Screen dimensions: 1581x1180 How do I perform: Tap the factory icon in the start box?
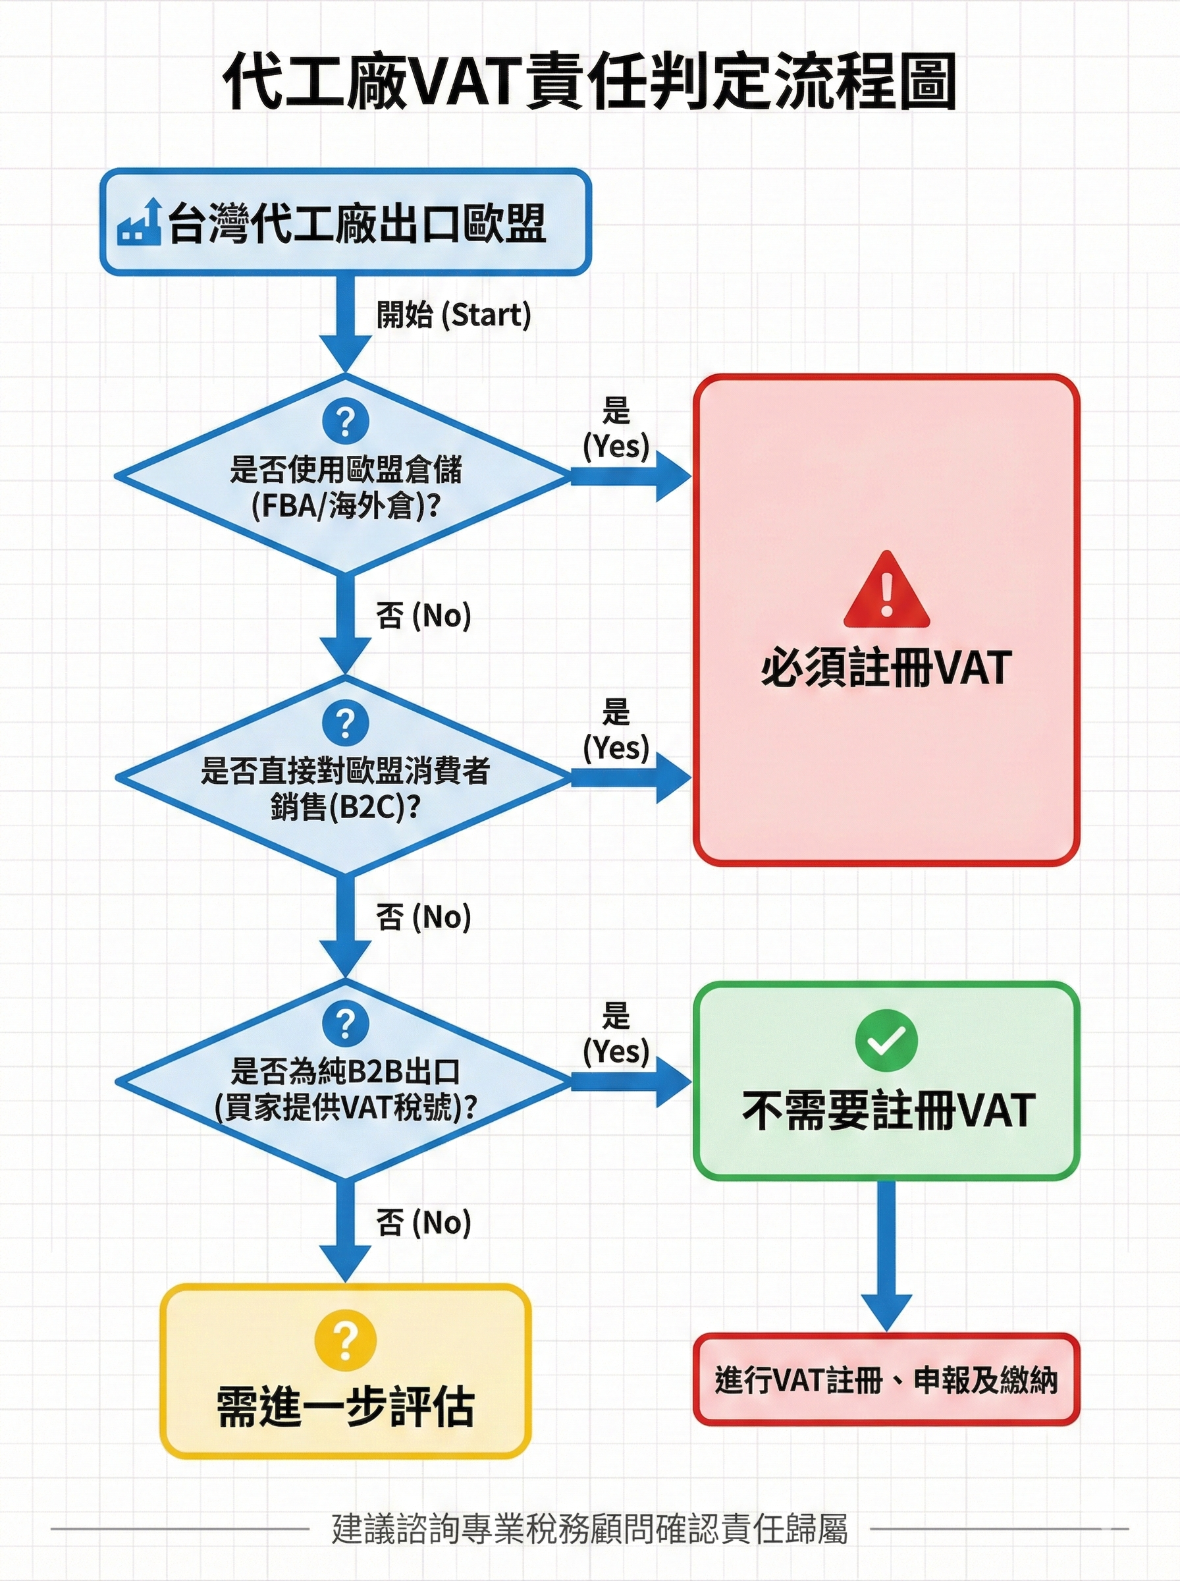pos(140,223)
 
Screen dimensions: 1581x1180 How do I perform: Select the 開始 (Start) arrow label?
pos(454,315)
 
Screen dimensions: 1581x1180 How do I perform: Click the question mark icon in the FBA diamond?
pos(345,422)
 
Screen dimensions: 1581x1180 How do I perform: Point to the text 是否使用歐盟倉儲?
pos(346,470)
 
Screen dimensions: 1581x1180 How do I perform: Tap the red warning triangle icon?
pos(886,590)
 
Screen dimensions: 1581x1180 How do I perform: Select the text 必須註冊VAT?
pos(886,668)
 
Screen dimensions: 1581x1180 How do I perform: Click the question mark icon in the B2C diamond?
pos(345,723)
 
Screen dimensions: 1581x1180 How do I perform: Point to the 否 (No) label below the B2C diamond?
pos(423,916)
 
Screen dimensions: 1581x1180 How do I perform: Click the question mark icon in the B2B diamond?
pos(345,1024)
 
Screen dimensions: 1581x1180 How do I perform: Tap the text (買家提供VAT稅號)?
pos(346,1107)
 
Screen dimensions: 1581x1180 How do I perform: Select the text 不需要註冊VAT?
pos(888,1109)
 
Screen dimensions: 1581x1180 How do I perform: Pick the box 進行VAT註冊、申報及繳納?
pos(886,1379)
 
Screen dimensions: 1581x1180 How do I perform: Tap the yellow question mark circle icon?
pos(345,1343)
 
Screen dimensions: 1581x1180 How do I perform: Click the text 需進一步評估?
pos(345,1406)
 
